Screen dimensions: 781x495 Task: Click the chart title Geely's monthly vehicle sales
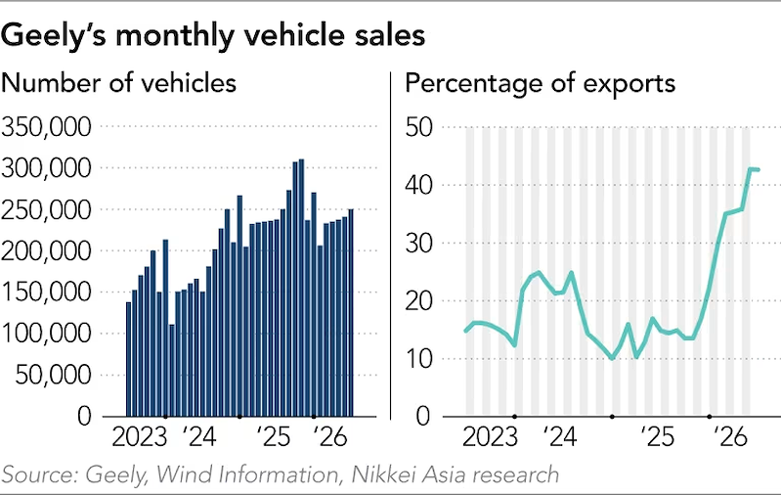tap(213, 36)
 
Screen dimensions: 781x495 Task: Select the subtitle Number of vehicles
tap(118, 83)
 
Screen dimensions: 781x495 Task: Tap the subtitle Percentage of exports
tap(540, 83)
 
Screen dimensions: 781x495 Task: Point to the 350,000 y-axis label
tap(47, 126)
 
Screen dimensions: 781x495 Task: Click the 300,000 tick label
tap(47, 168)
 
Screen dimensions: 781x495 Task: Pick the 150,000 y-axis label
tap(47, 292)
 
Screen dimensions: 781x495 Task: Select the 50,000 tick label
tap(54, 375)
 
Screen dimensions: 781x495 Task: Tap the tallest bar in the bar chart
tap(301, 288)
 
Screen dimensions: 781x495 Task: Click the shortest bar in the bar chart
tap(172, 371)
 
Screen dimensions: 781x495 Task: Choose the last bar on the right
tap(351, 312)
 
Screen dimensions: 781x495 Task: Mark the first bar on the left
tap(128, 359)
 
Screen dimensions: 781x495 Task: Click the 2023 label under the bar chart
tap(140, 437)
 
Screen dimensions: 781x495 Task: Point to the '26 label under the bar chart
tap(329, 437)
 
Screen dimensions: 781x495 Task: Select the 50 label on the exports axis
tap(419, 127)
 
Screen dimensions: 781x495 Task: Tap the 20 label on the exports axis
tap(419, 300)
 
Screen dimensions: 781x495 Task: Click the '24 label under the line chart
tap(560, 437)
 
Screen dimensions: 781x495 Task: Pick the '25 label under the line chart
tap(657, 437)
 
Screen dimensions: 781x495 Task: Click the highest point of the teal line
tap(751, 169)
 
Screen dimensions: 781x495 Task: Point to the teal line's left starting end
tap(465, 331)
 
